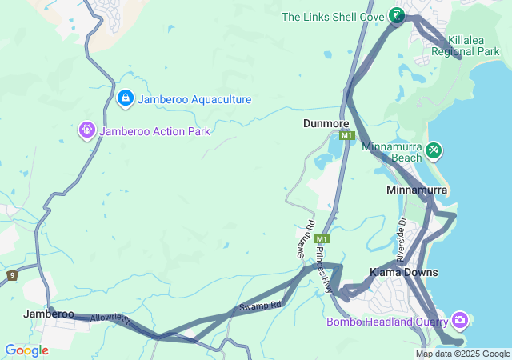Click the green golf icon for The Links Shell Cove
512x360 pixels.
(396, 15)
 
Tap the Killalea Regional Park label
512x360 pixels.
(465, 45)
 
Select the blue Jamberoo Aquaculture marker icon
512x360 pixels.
(125, 98)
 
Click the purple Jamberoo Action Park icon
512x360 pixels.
(87, 130)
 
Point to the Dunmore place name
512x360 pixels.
(326, 124)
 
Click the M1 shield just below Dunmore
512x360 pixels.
(346, 136)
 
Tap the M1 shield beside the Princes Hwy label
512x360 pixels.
(322, 239)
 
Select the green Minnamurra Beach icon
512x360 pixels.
(433, 150)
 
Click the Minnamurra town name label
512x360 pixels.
(416, 190)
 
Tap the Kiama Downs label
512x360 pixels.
(403, 273)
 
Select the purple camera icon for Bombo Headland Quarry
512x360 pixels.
(460, 321)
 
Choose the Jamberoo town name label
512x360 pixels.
(49, 314)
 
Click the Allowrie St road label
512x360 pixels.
(110, 319)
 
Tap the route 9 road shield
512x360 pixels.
(11, 275)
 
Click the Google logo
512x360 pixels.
(26, 350)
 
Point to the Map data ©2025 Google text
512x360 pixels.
(462, 354)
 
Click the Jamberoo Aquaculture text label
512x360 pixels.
(194, 99)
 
